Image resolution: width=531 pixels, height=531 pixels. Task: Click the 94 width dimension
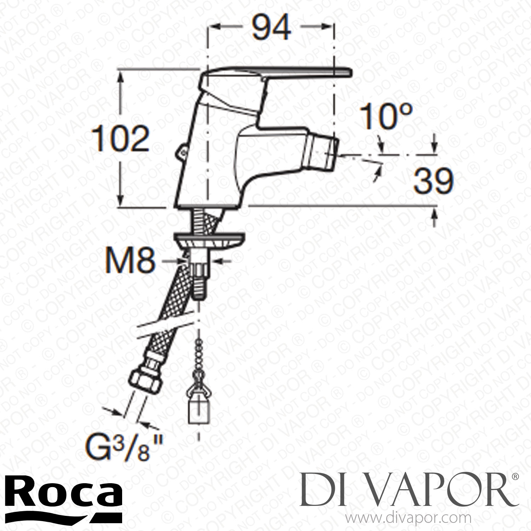pyautogui.click(x=271, y=27)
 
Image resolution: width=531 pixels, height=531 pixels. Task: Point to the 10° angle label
pyautogui.click(x=386, y=116)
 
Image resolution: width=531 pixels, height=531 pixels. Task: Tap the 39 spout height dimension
pyautogui.click(x=434, y=181)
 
